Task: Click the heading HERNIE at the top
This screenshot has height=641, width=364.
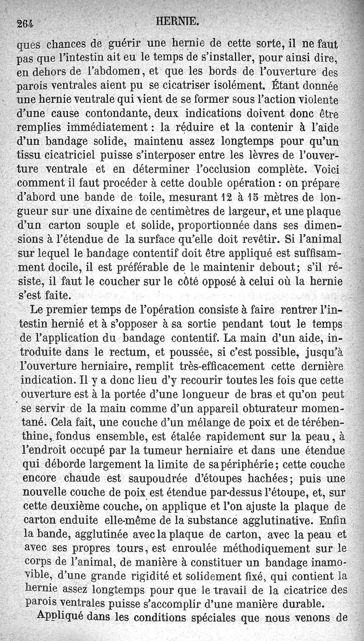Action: (x=184, y=21)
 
